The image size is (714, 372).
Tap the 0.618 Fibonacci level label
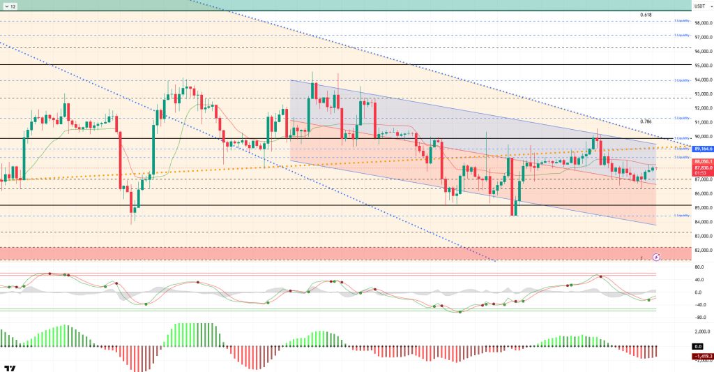coord(645,14)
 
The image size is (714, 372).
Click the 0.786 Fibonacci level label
coord(645,121)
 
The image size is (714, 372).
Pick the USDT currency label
coord(699,6)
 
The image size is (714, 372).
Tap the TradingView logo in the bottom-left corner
coord(10,367)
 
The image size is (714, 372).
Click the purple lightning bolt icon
coord(656,257)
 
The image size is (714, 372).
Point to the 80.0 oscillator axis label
coord(697,267)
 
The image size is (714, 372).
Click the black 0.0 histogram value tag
coord(697,346)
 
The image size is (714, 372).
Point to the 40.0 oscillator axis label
coord(697,280)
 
